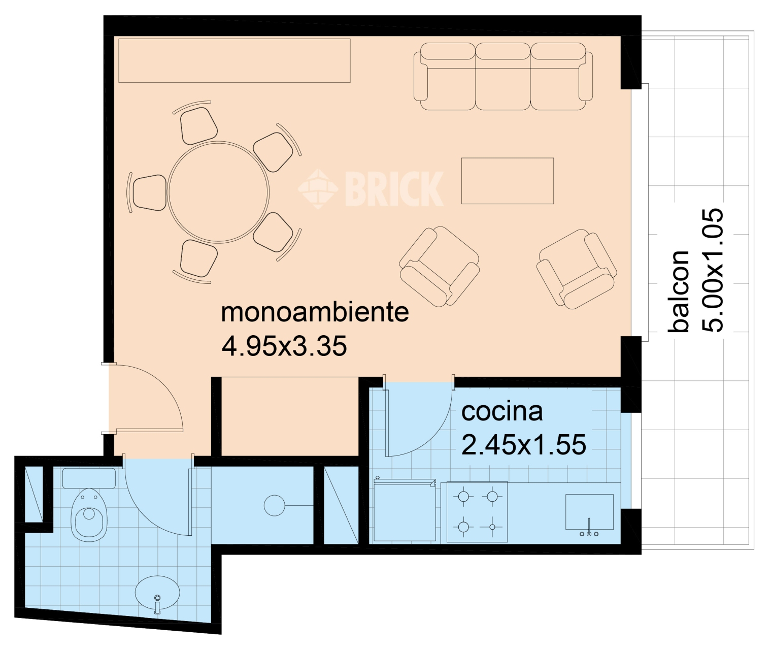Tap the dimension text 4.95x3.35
tap(284, 346)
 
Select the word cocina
tap(501, 411)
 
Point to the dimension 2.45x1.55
tap(523, 445)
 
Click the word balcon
tap(679, 291)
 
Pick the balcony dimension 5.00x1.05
tap(712, 270)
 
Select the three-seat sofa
tap(503, 77)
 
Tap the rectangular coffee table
tap(507, 181)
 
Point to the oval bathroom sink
tap(157, 593)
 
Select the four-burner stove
tap(477, 511)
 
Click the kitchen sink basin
tap(589, 511)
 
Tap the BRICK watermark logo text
tap(393, 189)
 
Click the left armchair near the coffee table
tap(439, 267)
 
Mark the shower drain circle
tap(274, 505)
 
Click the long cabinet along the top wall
tap(234, 60)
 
